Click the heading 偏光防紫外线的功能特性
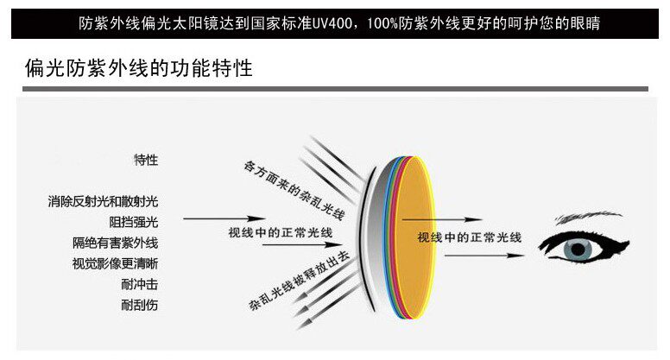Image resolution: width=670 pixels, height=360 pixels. pos(138,68)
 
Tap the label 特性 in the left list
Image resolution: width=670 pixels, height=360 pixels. pos(146,161)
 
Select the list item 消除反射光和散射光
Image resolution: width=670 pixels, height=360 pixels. pos(104,202)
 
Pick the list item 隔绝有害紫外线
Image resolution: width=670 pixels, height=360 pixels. pos(116,243)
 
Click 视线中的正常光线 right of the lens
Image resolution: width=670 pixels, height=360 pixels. pos(471,237)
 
